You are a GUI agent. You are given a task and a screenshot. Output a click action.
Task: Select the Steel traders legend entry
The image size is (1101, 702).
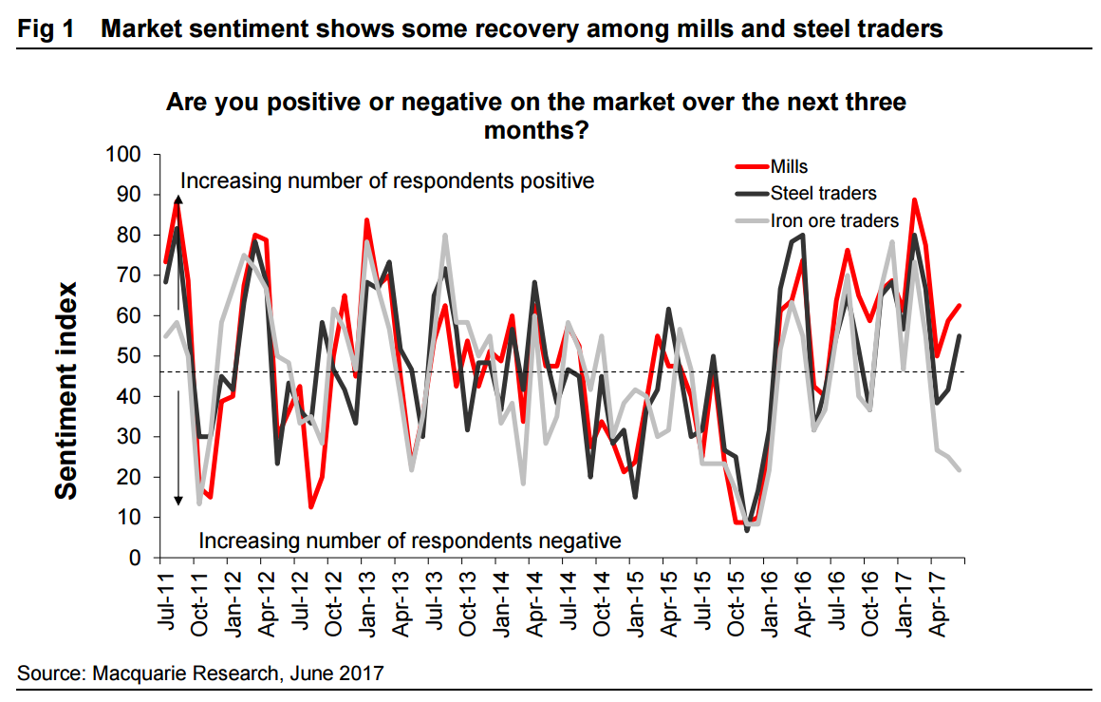tap(822, 194)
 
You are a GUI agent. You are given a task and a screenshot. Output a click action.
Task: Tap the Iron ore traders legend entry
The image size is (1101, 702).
tap(833, 220)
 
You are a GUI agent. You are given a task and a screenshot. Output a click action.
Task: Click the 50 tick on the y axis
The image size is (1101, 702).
tap(132, 356)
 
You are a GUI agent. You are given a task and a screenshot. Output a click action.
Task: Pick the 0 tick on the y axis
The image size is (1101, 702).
tap(137, 558)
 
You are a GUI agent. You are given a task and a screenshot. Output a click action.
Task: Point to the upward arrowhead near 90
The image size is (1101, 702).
tap(177, 199)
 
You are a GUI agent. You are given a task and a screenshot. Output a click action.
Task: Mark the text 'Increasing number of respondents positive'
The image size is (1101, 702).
tap(387, 180)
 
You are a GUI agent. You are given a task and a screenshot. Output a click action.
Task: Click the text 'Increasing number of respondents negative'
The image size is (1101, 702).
tap(410, 541)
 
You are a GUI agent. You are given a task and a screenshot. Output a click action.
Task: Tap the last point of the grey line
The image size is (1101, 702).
tap(961, 469)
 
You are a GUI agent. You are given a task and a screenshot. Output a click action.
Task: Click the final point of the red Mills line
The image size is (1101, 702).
tap(961, 306)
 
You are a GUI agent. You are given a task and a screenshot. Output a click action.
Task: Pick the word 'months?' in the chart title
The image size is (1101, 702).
tap(536, 129)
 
